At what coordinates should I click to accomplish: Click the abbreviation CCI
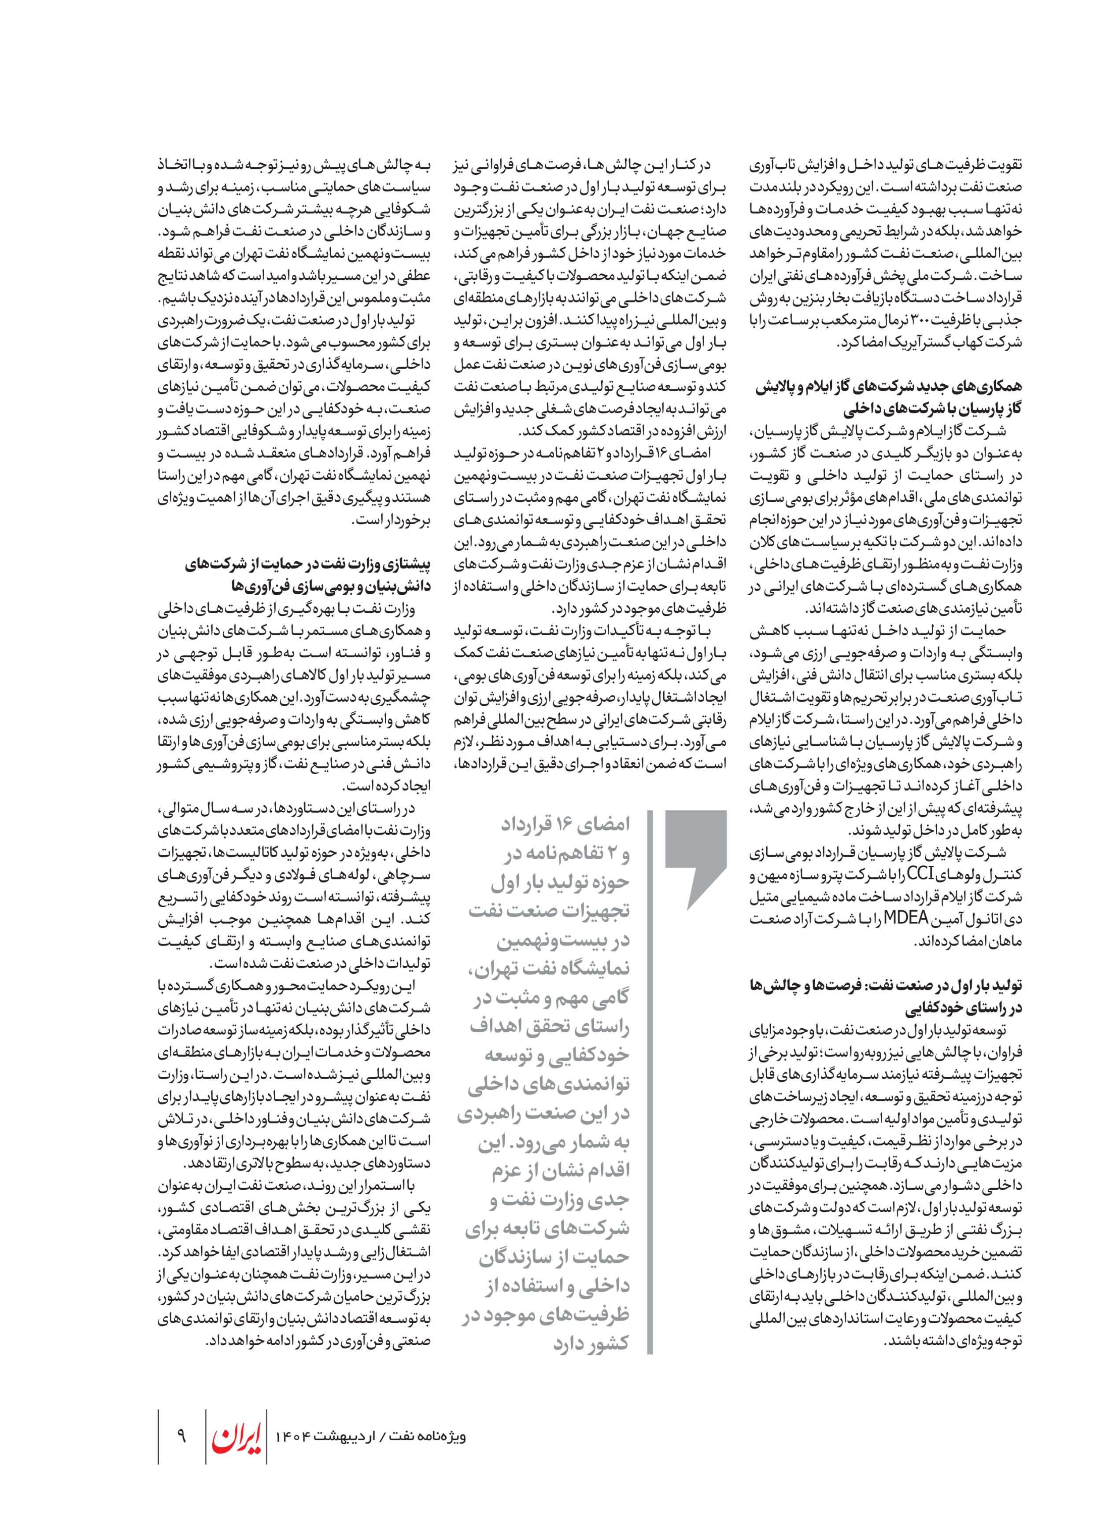(x=920, y=875)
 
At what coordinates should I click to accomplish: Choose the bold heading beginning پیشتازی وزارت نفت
(x=308, y=576)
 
